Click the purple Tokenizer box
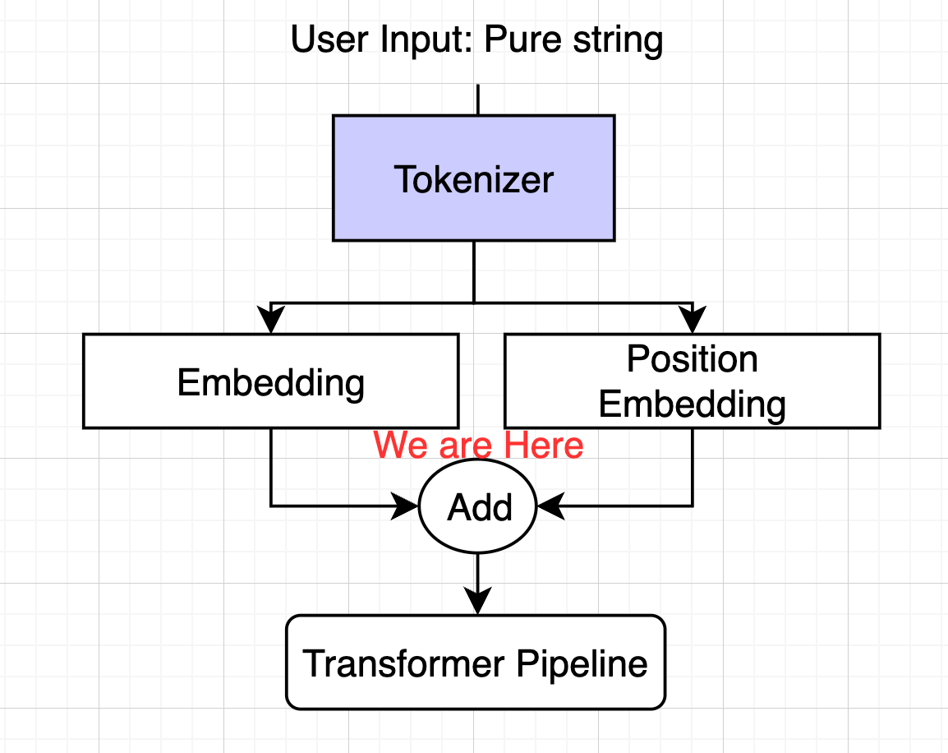tap(473, 178)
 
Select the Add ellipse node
tap(477, 506)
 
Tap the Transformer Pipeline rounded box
tap(476, 663)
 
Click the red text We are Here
tap(478, 446)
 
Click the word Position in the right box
tap(693, 358)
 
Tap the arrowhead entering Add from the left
tap(404, 506)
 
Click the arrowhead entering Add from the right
tap(550, 506)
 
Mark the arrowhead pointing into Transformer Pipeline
tap(477, 601)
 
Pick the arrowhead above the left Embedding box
tap(271, 319)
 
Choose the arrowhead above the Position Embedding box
tap(693, 319)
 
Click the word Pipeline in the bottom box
tap(582, 665)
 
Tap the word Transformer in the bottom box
tap(403, 663)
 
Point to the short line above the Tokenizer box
tap(477, 99)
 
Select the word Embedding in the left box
tap(271, 383)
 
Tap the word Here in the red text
tap(544, 446)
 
